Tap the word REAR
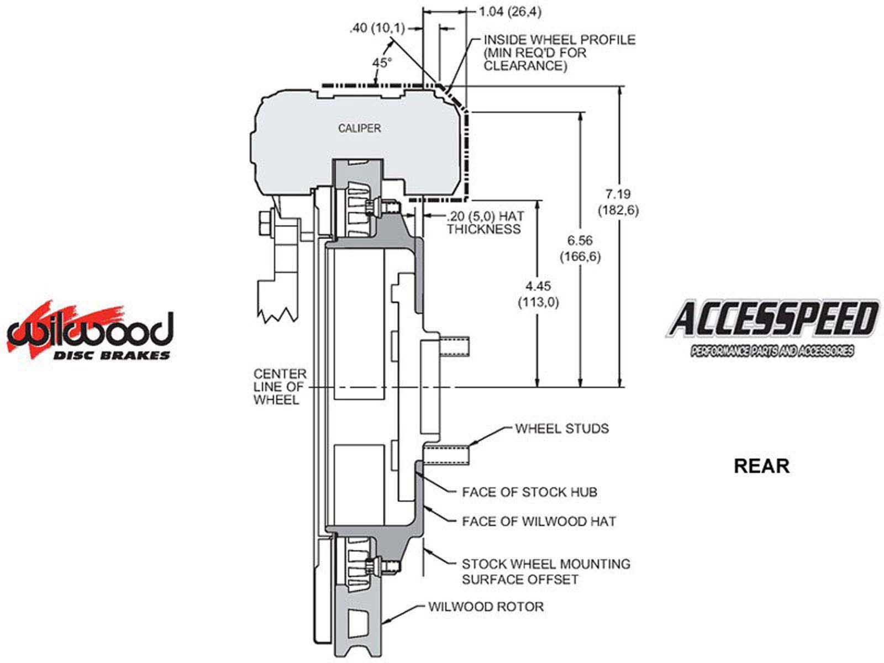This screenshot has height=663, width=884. point(761,466)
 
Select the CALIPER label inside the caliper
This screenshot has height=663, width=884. point(359,128)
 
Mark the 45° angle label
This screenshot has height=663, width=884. point(381,63)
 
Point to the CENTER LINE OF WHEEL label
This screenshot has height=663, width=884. point(280,387)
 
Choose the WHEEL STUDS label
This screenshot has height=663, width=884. point(561,429)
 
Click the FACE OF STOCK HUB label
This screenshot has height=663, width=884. point(529,492)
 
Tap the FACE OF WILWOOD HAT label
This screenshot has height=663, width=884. point(539,521)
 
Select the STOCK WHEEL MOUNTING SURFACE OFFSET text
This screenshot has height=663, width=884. point(545,572)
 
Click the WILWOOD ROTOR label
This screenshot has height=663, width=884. point(486,607)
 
